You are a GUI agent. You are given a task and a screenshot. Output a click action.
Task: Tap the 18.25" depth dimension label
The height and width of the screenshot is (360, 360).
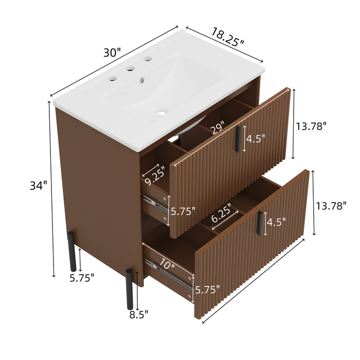pos(227,37)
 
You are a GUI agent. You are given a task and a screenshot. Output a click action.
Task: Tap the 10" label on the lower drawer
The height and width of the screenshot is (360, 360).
pos(167,266)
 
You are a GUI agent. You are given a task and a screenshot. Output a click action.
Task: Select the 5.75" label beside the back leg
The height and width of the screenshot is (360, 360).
pos(83,278)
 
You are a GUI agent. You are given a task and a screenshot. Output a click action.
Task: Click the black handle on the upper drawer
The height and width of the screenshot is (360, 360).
pos(238,139)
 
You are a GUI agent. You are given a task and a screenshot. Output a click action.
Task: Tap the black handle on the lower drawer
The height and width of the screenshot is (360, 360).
pos(260,223)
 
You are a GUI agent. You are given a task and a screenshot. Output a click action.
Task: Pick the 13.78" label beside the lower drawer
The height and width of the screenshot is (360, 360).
pos(330,206)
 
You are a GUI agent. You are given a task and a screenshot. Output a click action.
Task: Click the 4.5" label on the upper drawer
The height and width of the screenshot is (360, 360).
pos(256,138)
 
